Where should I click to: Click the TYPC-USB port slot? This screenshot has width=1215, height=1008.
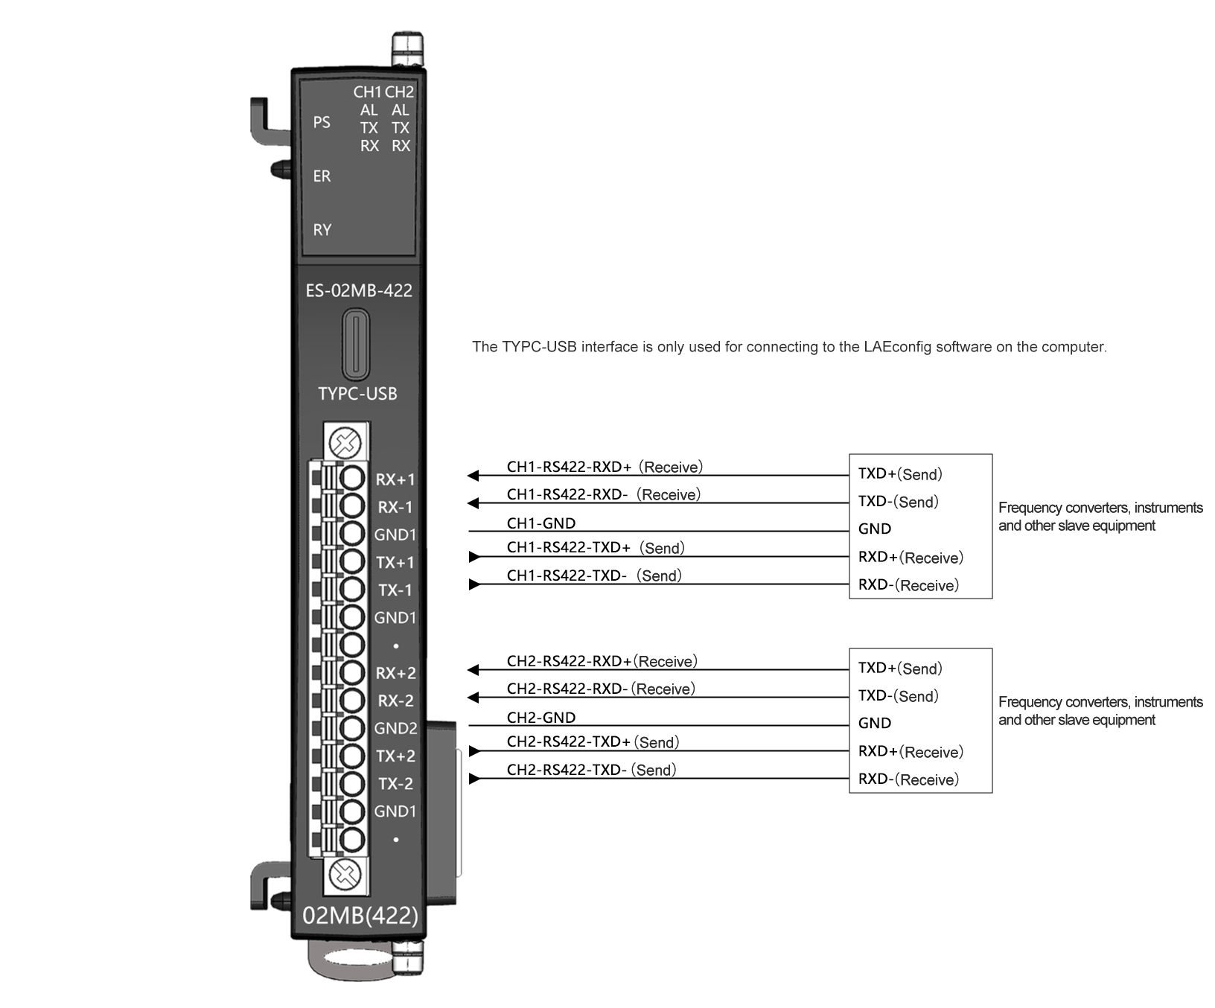tap(356, 345)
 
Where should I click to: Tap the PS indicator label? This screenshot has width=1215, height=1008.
tap(322, 122)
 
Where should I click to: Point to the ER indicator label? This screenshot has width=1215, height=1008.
tap(322, 176)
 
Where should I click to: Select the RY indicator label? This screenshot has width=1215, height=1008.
tap(322, 230)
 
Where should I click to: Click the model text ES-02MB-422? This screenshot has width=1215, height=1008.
tap(359, 290)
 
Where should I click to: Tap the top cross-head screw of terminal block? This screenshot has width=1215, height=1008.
tap(345, 444)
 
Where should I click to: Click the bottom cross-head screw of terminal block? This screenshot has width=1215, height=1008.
tap(345, 873)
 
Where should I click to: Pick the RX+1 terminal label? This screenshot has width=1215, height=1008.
tap(395, 479)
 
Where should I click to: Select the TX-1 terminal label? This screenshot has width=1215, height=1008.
tap(395, 590)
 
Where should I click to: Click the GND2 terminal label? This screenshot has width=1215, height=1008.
tap(395, 728)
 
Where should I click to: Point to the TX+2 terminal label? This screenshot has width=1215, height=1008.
tap(395, 756)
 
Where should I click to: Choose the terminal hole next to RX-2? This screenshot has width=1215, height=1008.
tap(352, 701)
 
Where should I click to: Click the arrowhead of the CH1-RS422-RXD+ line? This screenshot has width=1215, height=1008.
tap(473, 476)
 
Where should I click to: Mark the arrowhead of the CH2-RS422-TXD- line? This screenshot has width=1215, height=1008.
tap(474, 779)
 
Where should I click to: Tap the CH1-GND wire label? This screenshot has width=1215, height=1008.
tap(541, 523)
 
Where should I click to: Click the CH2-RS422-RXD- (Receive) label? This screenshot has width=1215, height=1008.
tap(601, 689)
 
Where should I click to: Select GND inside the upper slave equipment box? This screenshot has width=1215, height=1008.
tap(875, 529)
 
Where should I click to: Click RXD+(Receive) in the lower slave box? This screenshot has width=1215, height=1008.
tap(911, 752)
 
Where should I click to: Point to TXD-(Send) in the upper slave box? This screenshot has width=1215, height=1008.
tap(899, 502)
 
